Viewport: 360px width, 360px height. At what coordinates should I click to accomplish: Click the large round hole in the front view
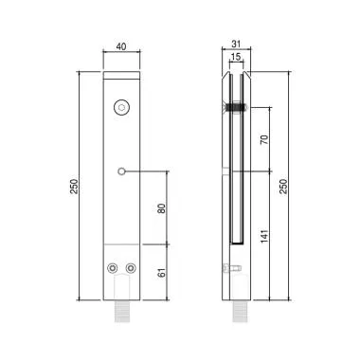120,110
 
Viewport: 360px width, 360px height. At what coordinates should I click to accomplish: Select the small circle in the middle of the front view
120,171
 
